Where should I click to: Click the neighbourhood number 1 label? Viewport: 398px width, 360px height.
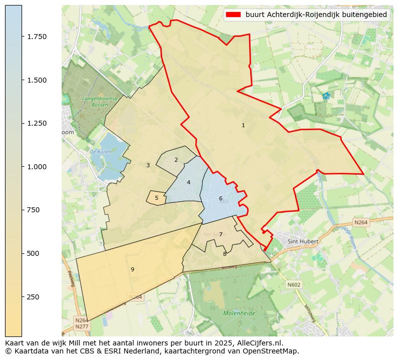tap(243, 126)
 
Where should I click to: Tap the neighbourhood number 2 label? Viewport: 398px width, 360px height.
tap(176, 160)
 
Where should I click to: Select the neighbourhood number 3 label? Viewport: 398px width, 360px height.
tap(148, 165)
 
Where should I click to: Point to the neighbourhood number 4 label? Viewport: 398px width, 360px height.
tap(188, 183)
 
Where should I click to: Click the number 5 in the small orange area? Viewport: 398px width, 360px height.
tap(156, 198)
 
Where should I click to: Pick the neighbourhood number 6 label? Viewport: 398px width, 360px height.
tap(221, 199)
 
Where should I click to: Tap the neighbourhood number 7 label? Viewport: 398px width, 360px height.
tap(221, 235)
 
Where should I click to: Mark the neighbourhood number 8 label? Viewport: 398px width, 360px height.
tap(225, 254)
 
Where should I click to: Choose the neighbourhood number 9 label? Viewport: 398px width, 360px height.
tap(132, 270)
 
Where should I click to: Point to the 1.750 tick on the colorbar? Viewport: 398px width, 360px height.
tap(37, 37)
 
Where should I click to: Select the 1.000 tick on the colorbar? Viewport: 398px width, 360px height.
tap(37, 167)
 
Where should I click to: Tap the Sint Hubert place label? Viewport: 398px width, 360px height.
tap(303, 241)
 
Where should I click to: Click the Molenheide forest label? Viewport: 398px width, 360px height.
tap(239, 313)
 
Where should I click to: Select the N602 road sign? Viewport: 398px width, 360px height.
tap(293, 284)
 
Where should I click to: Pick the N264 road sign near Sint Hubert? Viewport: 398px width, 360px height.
tap(360, 222)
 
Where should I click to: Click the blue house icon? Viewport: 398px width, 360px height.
tap(326, 96)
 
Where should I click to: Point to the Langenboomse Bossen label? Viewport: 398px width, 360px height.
tap(100, 102)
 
